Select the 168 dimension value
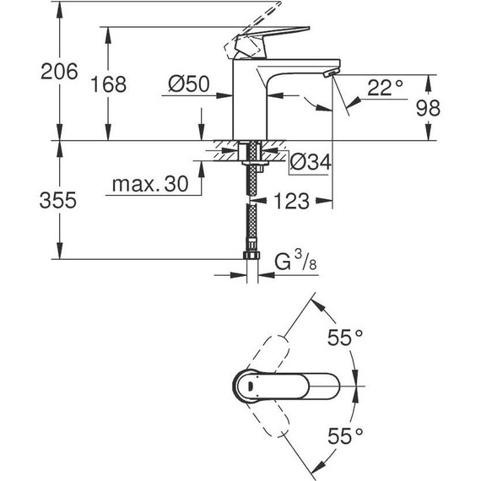(x=108, y=84)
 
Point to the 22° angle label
(x=384, y=85)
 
